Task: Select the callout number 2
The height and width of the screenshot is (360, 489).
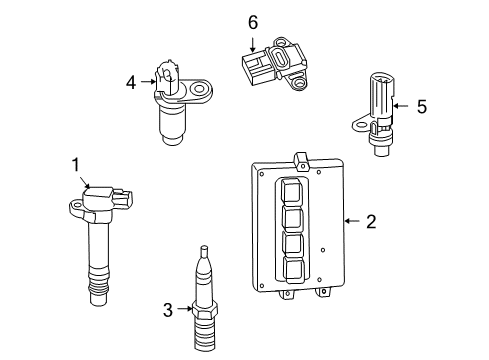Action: (370, 221)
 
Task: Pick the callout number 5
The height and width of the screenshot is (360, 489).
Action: (421, 105)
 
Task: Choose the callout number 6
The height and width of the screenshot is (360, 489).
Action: (253, 22)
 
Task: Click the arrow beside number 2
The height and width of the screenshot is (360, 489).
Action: (351, 221)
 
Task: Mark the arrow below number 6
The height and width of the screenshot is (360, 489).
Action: (253, 43)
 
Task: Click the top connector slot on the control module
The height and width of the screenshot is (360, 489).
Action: (292, 190)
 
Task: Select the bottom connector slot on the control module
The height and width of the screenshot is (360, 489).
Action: (294, 268)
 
